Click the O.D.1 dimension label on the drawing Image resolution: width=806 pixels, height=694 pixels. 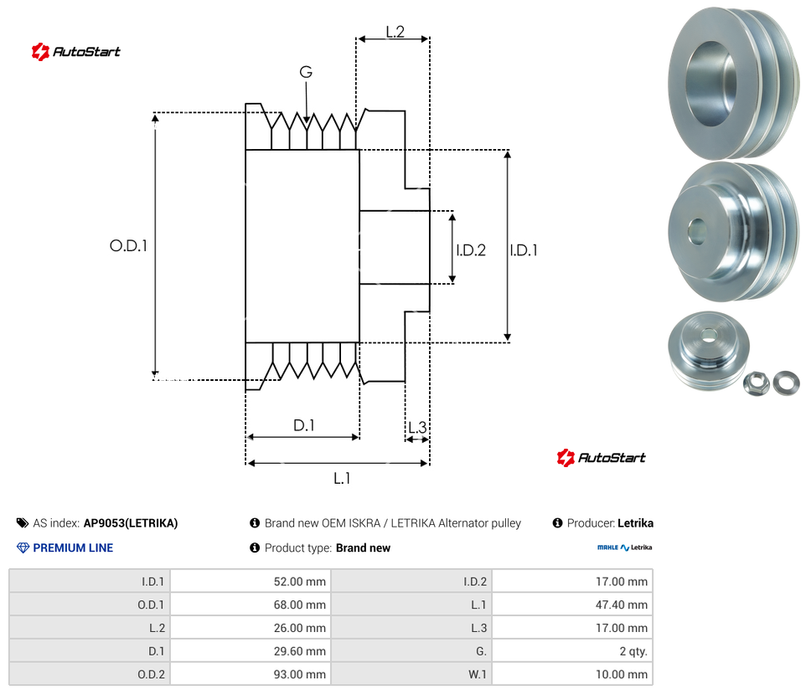(128, 246)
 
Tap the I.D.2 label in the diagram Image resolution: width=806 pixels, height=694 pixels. (471, 249)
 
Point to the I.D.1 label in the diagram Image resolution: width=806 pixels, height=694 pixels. (524, 249)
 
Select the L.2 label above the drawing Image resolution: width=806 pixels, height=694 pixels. (395, 32)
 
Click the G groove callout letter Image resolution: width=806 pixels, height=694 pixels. (306, 73)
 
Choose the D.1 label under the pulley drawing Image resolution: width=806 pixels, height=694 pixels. (303, 425)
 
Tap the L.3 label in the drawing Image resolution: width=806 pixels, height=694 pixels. (416, 428)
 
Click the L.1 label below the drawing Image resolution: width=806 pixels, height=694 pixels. (341, 478)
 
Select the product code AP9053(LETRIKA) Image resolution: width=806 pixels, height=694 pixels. (131, 523)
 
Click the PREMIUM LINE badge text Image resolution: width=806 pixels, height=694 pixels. (73, 548)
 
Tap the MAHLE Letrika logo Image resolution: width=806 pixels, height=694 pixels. (623, 547)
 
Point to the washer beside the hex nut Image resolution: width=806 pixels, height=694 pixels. (786, 382)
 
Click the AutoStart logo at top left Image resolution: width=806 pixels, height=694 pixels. (76, 52)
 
